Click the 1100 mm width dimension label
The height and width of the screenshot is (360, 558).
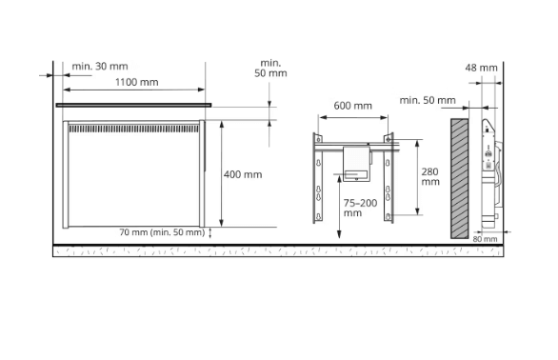(137, 82)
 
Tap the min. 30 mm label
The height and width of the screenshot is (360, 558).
(100, 67)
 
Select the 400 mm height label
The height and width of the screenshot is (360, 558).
(243, 174)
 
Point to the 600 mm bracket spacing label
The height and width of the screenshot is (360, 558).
(352, 106)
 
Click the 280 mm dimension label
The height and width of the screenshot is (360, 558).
(430, 177)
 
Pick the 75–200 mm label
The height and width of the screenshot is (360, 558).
(360, 208)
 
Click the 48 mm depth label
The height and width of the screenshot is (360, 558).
(481, 68)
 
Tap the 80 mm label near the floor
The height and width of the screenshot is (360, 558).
(485, 239)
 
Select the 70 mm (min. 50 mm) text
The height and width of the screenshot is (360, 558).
(162, 232)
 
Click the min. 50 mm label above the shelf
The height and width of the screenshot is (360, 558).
(270, 68)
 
